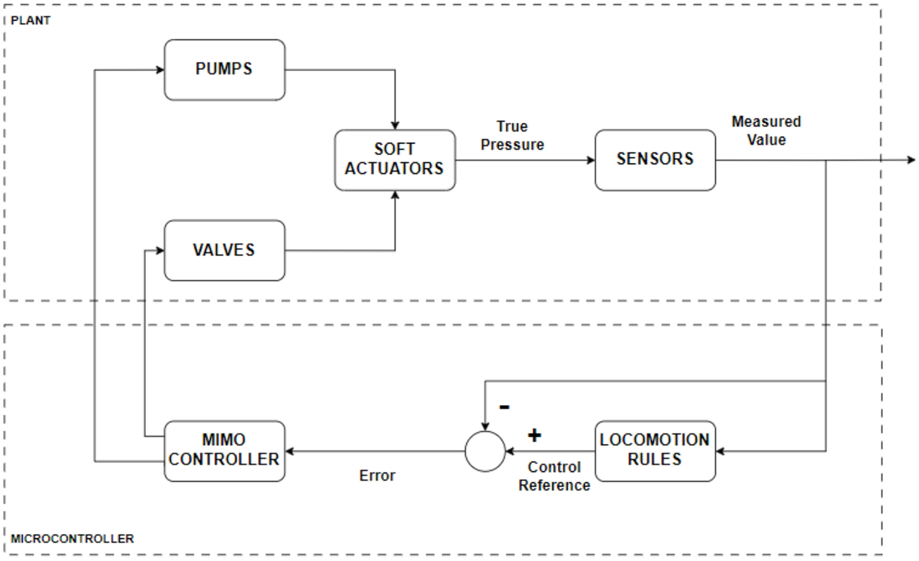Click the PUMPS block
coord(224,70)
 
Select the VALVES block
coord(224,250)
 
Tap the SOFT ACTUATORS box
coord(395,160)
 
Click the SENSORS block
coord(655,160)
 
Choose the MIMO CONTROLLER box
coord(224,451)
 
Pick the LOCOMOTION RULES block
coord(655,451)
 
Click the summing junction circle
coord(485,451)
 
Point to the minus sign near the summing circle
coord(504,407)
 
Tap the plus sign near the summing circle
coord(534,435)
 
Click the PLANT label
coord(30,20)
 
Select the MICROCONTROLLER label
coord(72,539)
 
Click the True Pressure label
coord(512,136)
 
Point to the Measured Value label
coord(766,131)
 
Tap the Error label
coord(377,476)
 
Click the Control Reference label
coord(554,476)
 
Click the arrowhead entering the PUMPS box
coord(160,70)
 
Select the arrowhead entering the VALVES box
coord(160,251)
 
